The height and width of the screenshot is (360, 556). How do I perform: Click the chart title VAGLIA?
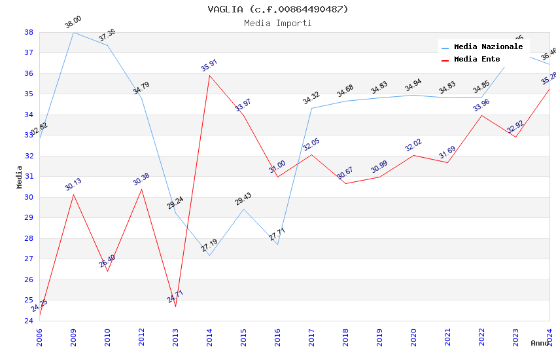tap(278, 9)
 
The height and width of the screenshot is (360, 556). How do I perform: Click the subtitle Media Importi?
tap(278, 23)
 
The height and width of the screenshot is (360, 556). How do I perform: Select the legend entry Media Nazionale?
tap(488, 46)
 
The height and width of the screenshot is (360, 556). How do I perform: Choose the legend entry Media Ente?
tap(477, 59)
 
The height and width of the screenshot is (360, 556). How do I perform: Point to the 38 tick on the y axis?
tap(29, 32)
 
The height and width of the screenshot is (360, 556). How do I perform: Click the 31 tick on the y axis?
tap(29, 177)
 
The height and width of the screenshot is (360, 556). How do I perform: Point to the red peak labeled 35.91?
tap(209, 75)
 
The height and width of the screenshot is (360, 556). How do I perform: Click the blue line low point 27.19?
tap(209, 255)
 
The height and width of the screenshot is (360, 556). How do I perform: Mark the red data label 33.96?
tap(481, 105)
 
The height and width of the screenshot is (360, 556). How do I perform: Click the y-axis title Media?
tap(20, 177)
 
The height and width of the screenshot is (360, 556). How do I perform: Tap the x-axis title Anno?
tap(540, 343)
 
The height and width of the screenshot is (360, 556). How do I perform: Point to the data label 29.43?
tap(243, 200)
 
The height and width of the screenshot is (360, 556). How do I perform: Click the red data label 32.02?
tap(413, 145)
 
